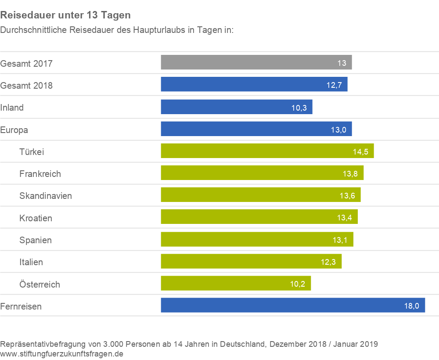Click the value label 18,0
412,306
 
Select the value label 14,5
360,151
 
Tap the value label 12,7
334,85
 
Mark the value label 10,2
298,284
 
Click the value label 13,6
347,195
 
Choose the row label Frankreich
40,174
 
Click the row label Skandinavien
46,196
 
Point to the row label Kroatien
36,218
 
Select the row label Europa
14,130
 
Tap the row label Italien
31,262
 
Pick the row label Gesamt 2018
26,85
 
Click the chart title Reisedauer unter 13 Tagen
65,15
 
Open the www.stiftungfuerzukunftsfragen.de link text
62,353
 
